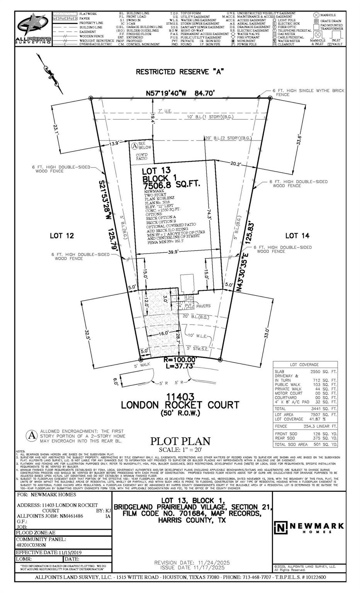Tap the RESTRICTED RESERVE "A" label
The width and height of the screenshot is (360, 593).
(x=180, y=71)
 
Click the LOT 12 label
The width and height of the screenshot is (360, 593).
(x=62, y=236)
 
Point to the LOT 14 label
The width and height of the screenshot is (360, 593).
(x=297, y=236)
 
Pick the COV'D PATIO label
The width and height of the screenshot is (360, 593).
(x=141, y=156)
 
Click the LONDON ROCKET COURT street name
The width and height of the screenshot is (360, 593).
(x=180, y=405)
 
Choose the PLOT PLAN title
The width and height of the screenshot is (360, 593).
(x=180, y=441)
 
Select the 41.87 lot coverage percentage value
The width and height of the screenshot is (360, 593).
(x=312, y=419)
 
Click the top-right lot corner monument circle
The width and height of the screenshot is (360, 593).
(x=270, y=98)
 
